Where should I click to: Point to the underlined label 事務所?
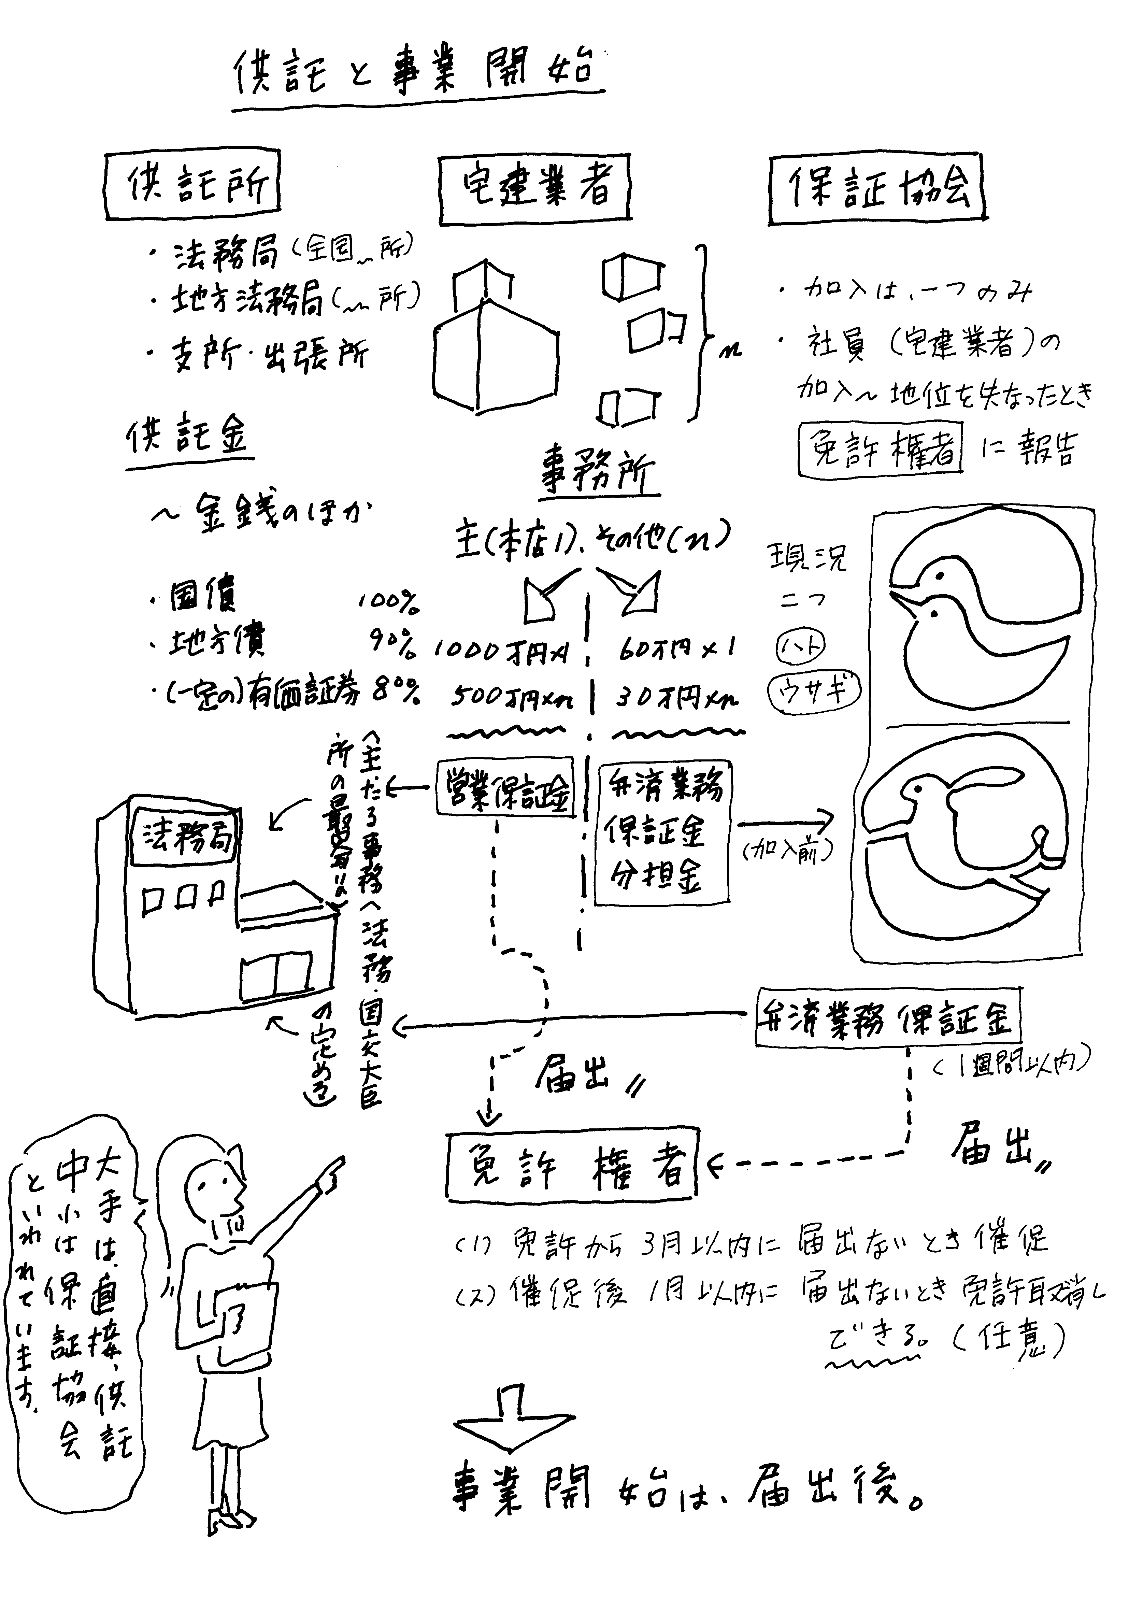[598, 476]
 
